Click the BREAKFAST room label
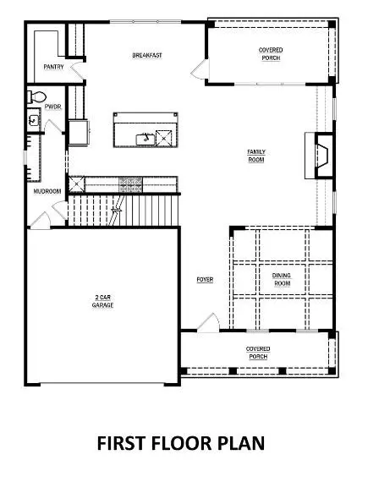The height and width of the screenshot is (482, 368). click(x=147, y=55)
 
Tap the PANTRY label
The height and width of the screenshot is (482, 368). click(x=53, y=67)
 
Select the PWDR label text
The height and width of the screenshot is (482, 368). click(x=53, y=107)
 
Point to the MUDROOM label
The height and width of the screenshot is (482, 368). click(x=47, y=191)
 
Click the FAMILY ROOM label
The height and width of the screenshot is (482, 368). click(x=256, y=156)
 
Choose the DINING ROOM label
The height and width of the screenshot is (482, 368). click(x=282, y=279)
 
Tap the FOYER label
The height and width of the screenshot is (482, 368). click(x=205, y=279)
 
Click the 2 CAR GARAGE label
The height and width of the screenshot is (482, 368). click(x=102, y=301)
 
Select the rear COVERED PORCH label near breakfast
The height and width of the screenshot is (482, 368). click(x=271, y=54)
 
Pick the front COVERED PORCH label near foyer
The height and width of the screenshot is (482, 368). click(x=258, y=353)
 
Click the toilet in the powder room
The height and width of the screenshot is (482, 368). click(x=36, y=97)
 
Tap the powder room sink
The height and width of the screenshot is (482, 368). click(x=34, y=120)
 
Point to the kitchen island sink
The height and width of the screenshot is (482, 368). click(x=146, y=139)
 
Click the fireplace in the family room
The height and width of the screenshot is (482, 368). click(x=320, y=156)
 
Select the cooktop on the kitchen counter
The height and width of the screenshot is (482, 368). click(x=130, y=184)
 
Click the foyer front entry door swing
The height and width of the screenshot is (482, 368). click(x=208, y=323)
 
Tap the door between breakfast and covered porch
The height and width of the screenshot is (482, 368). click(x=200, y=69)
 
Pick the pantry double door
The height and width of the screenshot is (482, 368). click(x=78, y=70)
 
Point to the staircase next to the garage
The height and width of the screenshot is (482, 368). click(x=124, y=211)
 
